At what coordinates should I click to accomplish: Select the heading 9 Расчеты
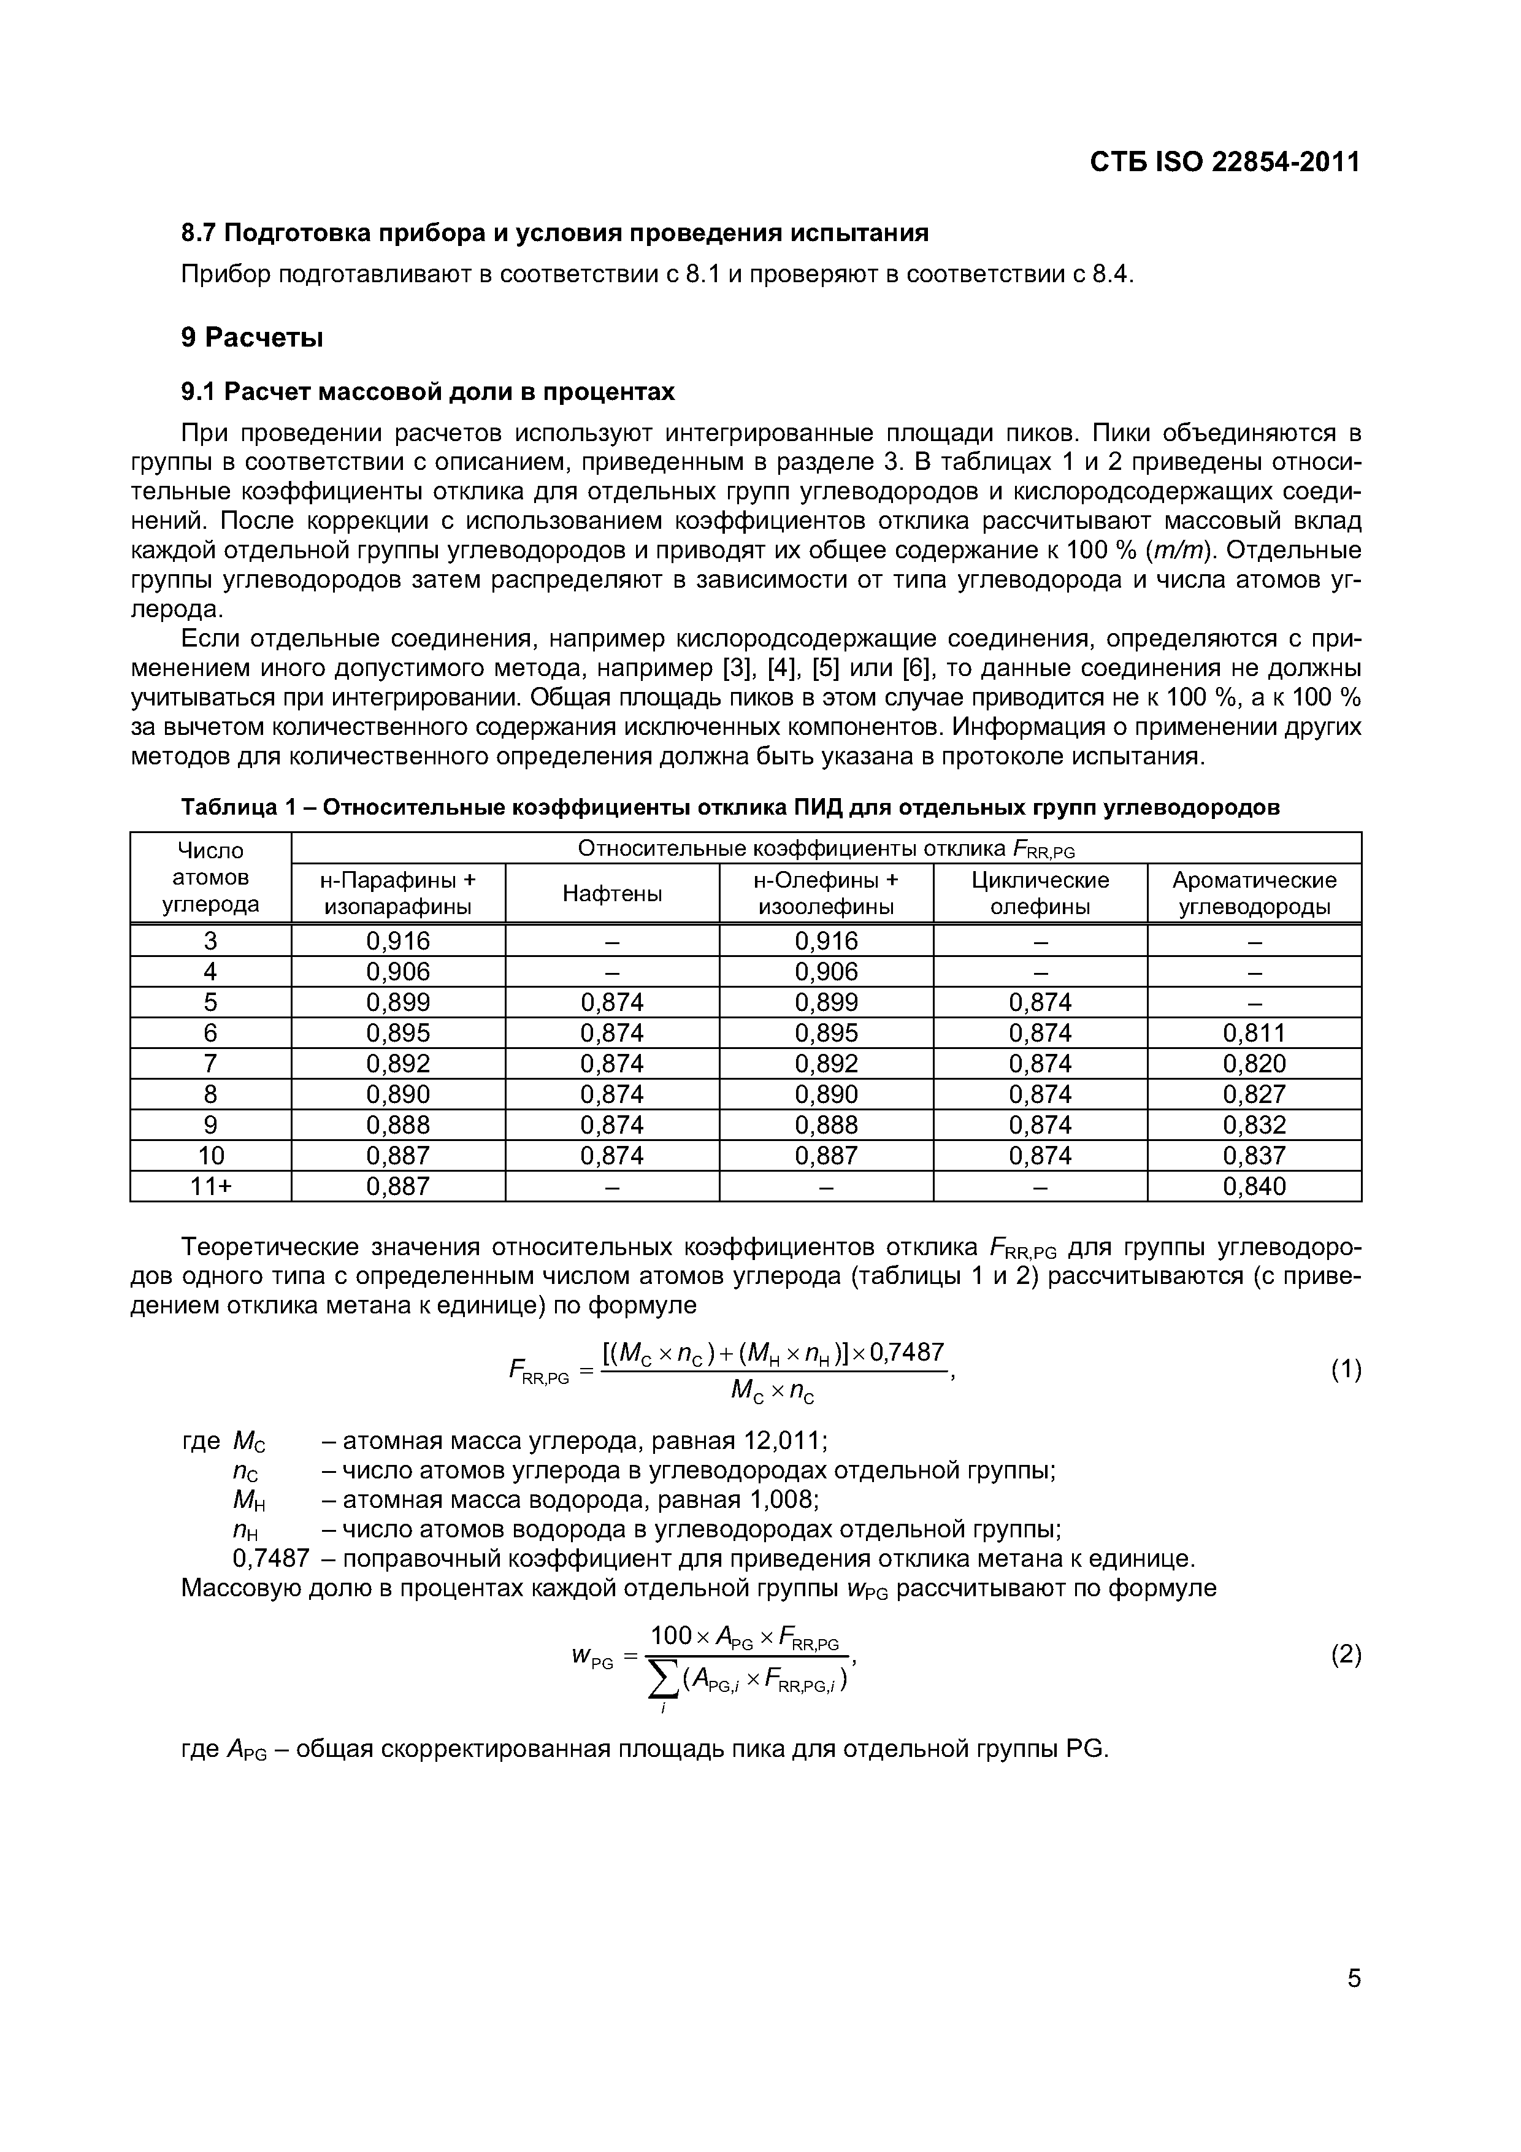(252, 337)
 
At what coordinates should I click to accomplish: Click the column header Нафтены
(612, 894)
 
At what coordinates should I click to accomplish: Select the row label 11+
(211, 1186)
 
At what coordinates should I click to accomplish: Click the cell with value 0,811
(1254, 1033)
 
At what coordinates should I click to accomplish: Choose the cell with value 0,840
(1254, 1186)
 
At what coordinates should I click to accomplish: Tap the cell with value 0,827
(1254, 1095)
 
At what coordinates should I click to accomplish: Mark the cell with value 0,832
(1254, 1124)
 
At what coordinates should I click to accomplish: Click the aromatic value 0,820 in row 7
(1254, 1064)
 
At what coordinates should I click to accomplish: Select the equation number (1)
(1346, 1370)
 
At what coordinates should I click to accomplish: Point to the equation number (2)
(1346, 1655)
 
